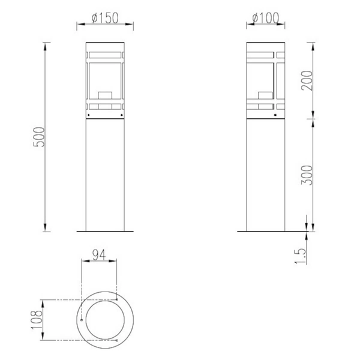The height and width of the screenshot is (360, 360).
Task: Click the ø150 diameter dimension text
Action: point(106,19)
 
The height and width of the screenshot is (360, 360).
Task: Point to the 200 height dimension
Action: point(306,79)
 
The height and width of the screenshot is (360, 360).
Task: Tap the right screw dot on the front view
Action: point(122,112)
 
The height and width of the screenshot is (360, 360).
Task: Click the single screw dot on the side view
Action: point(275,112)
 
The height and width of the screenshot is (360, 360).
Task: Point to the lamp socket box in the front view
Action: point(106,95)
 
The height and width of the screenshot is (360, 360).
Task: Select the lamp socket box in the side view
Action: point(264,95)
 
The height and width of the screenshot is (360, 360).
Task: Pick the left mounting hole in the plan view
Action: point(82,320)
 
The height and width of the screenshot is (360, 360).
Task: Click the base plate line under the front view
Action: point(106,230)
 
